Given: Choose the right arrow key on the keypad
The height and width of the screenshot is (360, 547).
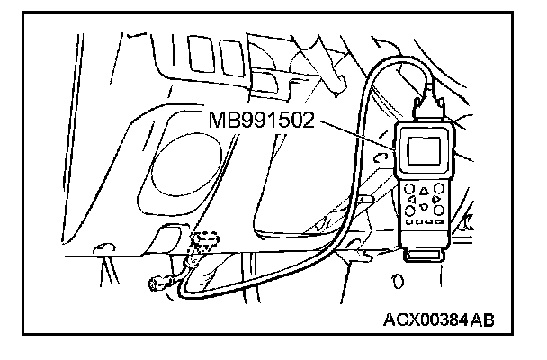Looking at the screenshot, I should tap(436, 200).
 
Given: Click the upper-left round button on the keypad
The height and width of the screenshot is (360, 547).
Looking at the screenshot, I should tap(411, 189).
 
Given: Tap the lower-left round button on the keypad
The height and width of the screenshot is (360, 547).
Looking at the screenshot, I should tap(411, 210).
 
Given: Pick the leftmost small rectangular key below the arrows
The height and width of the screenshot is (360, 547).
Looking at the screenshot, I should tap(409, 222).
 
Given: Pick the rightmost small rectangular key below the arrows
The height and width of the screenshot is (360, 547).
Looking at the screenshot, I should tap(441, 223).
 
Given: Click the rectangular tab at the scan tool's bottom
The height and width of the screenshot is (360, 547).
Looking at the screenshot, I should tap(425, 256).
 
